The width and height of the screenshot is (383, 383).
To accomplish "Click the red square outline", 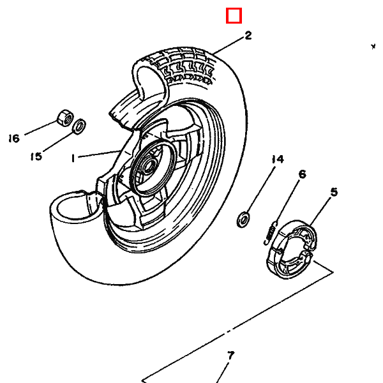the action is tap(234, 8).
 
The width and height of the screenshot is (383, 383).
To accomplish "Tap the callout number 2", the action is tap(248, 35).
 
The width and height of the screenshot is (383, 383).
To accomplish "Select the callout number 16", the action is tap(14, 139).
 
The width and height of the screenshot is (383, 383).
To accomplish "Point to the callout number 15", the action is tap(36, 156).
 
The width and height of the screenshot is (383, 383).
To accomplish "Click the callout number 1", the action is tap(73, 158).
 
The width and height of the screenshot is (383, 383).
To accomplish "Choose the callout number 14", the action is tap(278, 159).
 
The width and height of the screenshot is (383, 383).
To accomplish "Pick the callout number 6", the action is tap(303, 174).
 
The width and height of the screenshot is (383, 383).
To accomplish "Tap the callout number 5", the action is tap(334, 192).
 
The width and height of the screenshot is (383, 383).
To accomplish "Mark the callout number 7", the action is tap(230, 356).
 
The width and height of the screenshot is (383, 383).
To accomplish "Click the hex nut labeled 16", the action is tap(65, 117).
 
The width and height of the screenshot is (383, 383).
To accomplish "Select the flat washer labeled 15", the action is tap(79, 126).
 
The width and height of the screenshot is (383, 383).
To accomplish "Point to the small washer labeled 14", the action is tap(243, 220).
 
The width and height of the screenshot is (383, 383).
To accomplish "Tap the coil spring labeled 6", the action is tap(271, 232).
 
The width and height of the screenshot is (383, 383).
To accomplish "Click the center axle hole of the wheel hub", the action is tap(148, 167).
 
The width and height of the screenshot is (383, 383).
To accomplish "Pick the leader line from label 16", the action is tap(41, 128).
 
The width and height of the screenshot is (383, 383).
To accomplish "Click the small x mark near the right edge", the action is tap(373, 47).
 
